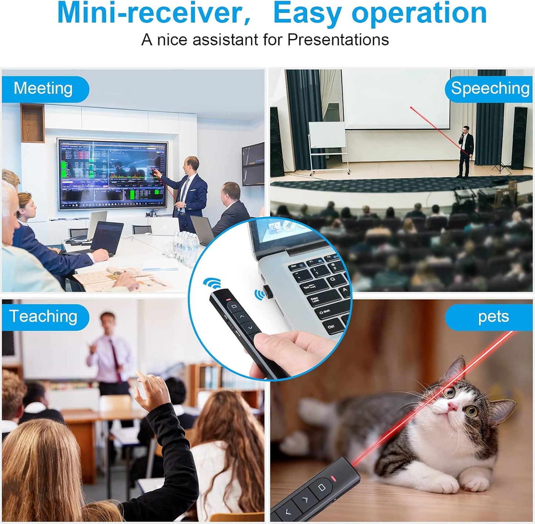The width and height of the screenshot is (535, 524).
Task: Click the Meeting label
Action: click(43, 89)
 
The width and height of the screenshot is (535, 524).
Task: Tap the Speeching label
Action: click(490, 89)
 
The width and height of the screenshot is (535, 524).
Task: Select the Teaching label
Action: click(43, 317)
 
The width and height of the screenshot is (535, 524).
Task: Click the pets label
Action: click(493, 317)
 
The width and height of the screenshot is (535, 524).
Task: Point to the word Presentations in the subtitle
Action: click(338, 40)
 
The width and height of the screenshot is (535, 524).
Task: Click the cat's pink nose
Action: click(452, 406)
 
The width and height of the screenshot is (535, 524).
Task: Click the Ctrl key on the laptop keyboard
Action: click(331, 326)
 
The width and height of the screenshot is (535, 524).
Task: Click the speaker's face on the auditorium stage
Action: click(466, 130)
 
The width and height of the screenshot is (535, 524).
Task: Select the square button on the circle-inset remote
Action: click(233, 306)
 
